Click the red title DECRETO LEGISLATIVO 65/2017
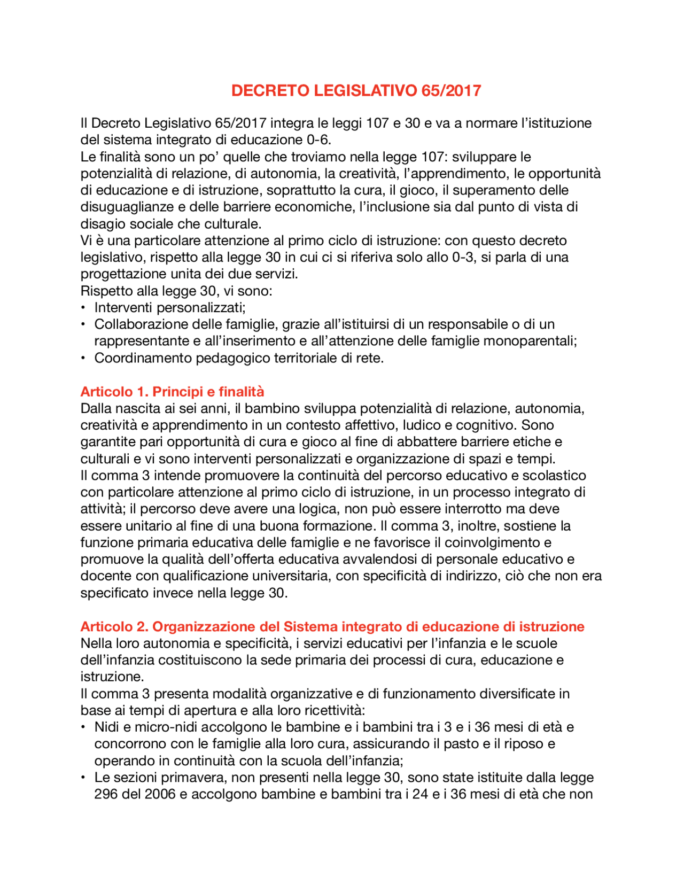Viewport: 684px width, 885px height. [356, 90]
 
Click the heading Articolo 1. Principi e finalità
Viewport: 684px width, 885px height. [172, 392]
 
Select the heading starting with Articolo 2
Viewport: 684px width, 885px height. [332, 626]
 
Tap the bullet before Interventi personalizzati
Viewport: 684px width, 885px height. [83, 308]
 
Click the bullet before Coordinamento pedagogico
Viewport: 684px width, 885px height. [83, 358]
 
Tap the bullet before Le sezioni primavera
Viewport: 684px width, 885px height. [83, 778]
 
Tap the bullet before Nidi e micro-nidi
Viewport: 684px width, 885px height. [83, 727]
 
